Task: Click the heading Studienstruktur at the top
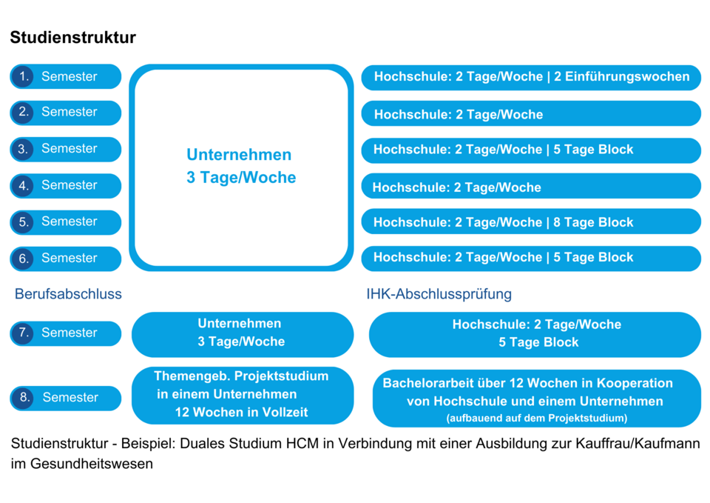tap(73, 37)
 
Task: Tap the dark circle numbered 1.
tap(23, 76)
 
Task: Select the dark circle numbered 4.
tap(23, 185)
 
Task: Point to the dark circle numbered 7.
tap(23, 333)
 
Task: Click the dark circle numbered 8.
tap(23, 398)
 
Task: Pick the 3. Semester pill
tap(66, 149)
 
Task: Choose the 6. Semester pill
tap(66, 259)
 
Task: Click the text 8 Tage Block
tap(593, 222)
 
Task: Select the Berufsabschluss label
tap(68, 294)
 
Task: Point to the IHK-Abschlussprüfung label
tap(439, 294)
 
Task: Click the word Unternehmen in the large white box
tap(239, 155)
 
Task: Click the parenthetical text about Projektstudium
tap(537, 419)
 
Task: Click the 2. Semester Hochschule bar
tap(531, 113)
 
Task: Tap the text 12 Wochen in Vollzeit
tap(241, 412)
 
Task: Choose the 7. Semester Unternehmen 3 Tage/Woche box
tap(243, 334)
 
